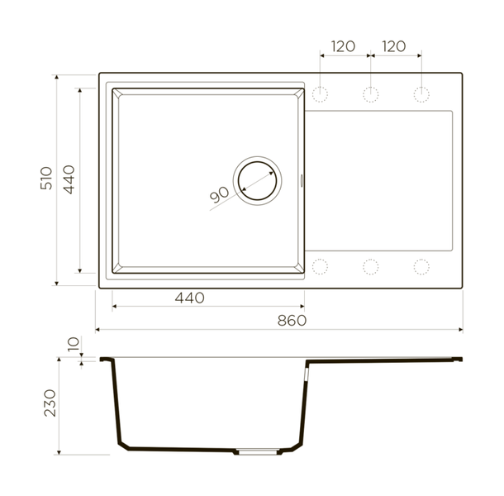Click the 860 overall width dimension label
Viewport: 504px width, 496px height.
tap(292, 321)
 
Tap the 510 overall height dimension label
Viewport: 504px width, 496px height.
tap(46, 179)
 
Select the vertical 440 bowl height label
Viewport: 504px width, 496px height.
tap(69, 179)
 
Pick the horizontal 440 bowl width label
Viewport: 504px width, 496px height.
tap(190, 298)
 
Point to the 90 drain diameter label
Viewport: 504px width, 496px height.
tap(219, 194)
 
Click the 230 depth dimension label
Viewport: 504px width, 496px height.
tap(50, 403)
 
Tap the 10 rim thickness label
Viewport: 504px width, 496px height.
tap(74, 344)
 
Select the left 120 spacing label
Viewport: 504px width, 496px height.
tap(343, 46)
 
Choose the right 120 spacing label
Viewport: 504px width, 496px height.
tap(394, 46)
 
